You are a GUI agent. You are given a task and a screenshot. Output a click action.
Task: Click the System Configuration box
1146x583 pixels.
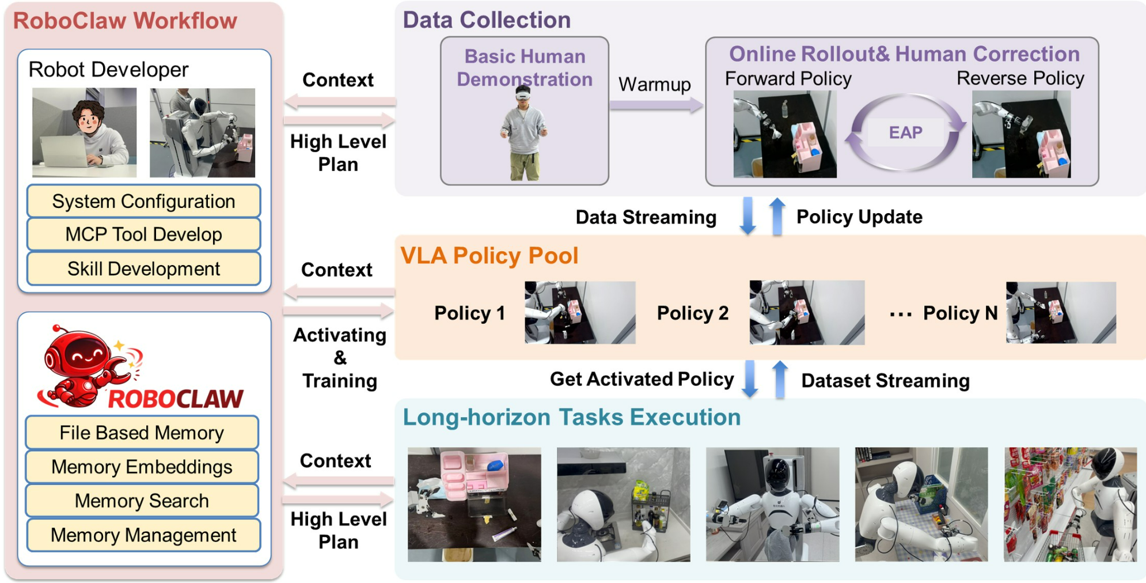point(143,201)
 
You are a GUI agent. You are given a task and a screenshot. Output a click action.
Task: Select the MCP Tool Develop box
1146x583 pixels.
point(143,234)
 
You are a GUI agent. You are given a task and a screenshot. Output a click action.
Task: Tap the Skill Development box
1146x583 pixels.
point(143,268)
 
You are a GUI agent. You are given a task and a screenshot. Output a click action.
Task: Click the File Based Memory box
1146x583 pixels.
point(142,433)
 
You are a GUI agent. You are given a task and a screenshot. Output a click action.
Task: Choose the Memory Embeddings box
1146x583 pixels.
point(142,467)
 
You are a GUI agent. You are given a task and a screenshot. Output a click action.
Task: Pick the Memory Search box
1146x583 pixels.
point(142,501)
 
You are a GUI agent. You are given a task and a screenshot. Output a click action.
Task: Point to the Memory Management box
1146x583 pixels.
point(143,535)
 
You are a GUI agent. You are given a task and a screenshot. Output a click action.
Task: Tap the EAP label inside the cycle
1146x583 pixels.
point(905,132)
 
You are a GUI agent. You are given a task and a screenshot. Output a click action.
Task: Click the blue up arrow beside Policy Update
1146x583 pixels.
point(777,215)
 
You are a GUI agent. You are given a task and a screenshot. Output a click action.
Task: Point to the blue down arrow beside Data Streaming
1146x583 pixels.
point(747,215)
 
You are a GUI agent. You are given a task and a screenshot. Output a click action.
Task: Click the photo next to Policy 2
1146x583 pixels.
point(806,313)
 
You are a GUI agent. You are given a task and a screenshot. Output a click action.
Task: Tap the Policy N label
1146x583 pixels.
point(959,313)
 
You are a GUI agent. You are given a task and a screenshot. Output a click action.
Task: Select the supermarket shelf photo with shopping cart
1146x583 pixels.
point(1070,504)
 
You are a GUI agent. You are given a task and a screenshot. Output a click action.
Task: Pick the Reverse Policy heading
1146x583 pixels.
point(1020,78)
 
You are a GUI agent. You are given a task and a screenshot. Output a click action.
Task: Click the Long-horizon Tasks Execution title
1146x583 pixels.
point(571,417)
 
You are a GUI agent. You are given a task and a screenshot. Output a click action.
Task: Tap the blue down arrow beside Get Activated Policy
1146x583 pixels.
point(749,378)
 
